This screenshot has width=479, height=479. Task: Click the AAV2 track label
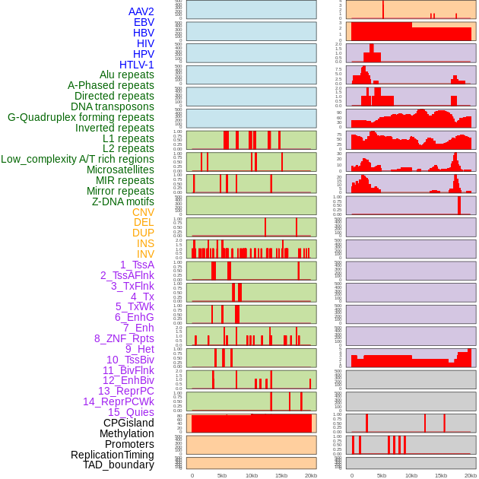click(x=141, y=11)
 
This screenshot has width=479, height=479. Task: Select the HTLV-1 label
click(x=136, y=65)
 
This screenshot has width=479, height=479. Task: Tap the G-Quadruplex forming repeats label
click(x=81, y=117)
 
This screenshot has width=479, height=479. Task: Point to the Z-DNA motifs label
click(x=123, y=201)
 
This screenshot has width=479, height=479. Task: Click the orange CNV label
click(x=143, y=212)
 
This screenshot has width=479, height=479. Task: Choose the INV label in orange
click(x=145, y=254)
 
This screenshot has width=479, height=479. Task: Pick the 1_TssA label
click(x=137, y=265)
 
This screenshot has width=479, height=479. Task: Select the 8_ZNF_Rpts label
click(x=124, y=338)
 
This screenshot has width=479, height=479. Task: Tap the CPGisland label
click(x=128, y=423)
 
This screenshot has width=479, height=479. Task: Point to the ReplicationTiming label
click(x=112, y=455)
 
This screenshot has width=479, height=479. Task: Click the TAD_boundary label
click(x=119, y=465)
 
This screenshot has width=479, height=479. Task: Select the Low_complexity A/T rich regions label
click(x=78, y=159)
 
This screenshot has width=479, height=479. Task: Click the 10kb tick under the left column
click(x=252, y=475)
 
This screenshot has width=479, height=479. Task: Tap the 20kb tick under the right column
click(x=471, y=475)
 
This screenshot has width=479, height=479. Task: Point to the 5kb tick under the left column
click(x=222, y=475)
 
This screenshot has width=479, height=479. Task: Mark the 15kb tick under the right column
click(x=441, y=475)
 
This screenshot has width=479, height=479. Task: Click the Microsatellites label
click(x=120, y=170)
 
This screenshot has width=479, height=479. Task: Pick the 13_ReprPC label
click(x=125, y=391)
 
